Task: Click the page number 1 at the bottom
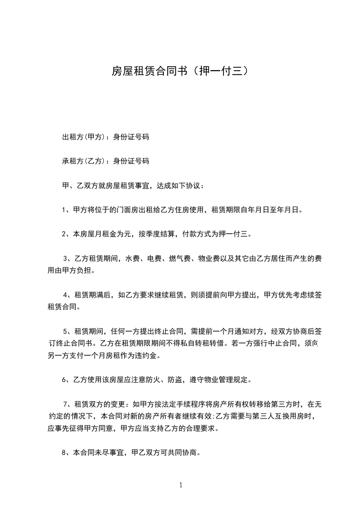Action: click(x=181, y=485)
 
